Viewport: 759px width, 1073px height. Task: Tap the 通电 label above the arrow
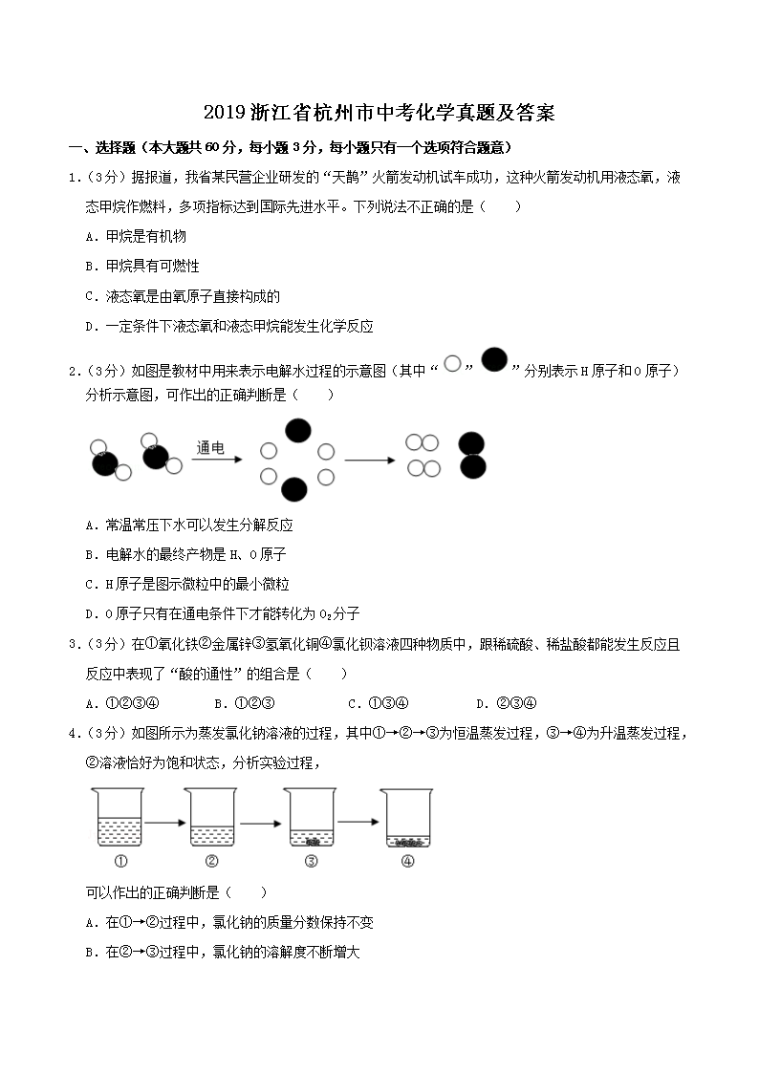click(210, 446)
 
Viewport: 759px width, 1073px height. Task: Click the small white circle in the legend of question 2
click(453, 362)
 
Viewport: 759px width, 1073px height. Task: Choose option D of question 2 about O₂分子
click(222, 613)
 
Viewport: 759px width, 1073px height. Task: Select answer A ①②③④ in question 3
click(122, 703)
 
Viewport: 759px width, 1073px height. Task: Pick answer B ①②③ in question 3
click(245, 703)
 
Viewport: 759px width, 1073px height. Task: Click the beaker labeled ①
click(119, 817)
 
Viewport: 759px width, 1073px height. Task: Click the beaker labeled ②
click(212, 817)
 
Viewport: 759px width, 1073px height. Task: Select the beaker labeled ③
click(310, 817)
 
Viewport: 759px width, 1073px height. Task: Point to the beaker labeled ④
click(408, 817)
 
